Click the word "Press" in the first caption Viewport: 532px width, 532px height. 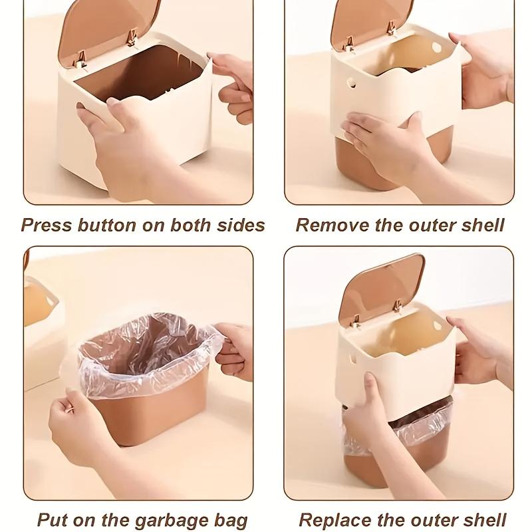[46, 225]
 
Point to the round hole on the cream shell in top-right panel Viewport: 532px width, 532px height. [352, 84]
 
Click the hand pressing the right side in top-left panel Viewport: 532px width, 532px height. [233, 83]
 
